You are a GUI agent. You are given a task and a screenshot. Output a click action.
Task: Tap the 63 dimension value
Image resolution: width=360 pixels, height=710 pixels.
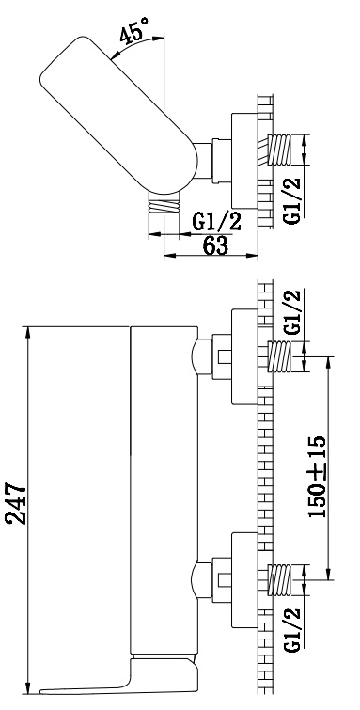[x=215, y=245]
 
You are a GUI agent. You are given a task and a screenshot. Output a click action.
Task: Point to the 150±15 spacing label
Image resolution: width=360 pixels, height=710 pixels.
[x=316, y=477]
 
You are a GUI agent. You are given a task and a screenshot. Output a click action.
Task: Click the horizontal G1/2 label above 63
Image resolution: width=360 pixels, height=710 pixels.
[x=216, y=222]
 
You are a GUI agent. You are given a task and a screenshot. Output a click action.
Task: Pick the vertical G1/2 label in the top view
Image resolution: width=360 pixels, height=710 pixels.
[x=292, y=200]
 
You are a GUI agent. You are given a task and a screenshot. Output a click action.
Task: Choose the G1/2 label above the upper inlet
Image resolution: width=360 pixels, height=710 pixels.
[x=292, y=312]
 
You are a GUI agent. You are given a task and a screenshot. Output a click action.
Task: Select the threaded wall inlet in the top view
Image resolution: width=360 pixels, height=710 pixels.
[x=278, y=150]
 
